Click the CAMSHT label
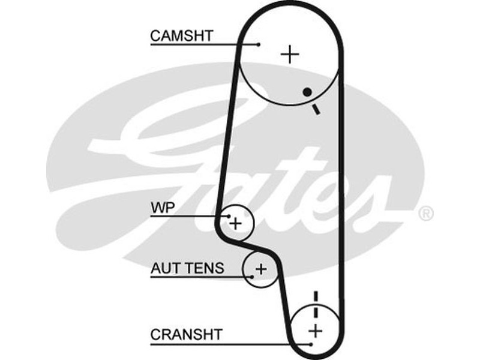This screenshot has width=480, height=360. point(181,35)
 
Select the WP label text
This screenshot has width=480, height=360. point(160,208)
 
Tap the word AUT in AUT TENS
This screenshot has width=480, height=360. point(164,268)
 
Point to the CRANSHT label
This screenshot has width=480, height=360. point(186,334)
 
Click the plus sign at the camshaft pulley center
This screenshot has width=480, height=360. point(290,55)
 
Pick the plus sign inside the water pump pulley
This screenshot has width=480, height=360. point(236,224)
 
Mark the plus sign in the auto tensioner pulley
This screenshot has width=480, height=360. point(260,269)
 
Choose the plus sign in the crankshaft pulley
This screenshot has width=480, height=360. point(315,330)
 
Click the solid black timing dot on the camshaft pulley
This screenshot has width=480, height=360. point(307,92)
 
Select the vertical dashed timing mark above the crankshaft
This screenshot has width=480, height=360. point(315,303)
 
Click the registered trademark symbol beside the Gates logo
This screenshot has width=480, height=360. point(425,213)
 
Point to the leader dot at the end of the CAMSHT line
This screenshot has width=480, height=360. point(259,44)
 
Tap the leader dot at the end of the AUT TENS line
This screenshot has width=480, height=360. point(251,276)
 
